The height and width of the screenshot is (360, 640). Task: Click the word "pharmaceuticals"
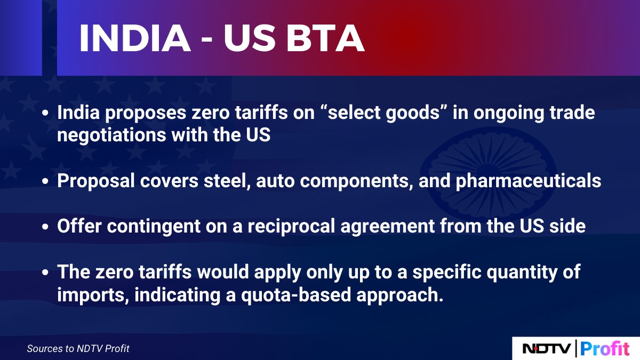[x=529, y=181]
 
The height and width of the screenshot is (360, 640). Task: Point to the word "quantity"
[x=517, y=272]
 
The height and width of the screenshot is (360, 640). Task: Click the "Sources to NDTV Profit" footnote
[x=78, y=349]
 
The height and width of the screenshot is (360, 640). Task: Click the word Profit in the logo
[x=604, y=349]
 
